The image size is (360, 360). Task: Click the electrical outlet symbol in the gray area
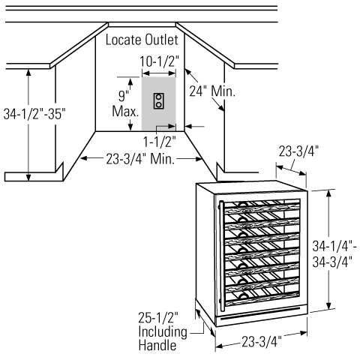(159, 100)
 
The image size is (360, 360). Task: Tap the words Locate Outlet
(142, 40)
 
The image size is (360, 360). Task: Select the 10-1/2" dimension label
(159, 61)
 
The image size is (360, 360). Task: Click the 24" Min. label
(212, 91)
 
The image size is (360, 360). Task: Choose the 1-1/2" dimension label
(159, 142)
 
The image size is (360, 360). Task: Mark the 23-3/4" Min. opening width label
(140, 159)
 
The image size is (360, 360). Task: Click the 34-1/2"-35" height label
(34, 114)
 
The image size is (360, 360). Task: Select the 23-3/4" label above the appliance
(298, 151)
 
